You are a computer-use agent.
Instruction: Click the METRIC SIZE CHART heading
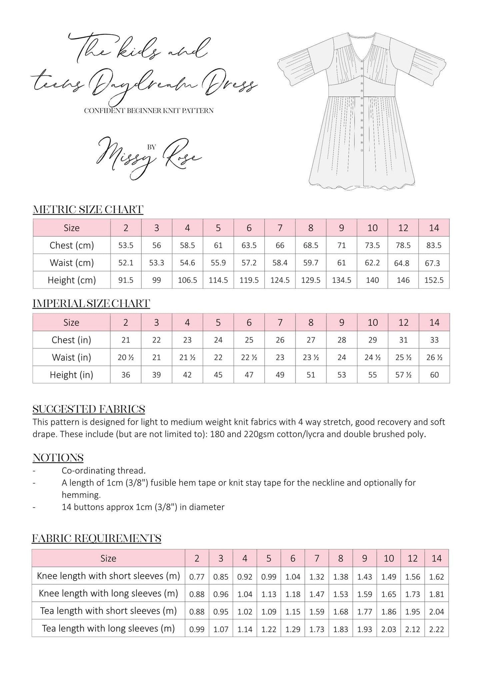click(x=88, y=210)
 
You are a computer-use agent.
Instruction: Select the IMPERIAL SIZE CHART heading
click(x=91, y=304)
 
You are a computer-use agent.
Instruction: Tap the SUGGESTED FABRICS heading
click(x=89, y=409)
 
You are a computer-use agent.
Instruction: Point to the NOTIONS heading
click(x=58, y=458)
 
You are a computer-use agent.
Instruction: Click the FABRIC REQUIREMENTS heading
click(x=97, y=538)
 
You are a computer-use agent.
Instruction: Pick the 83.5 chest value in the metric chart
click(x=434, y=245)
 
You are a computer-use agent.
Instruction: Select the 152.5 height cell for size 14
click(x=434, y=280)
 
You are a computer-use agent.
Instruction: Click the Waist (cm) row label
click(x=72, y=263)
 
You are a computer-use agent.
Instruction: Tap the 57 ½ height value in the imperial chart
click(x=403, y=375)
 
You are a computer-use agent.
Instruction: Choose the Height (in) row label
click(x=71, y=375)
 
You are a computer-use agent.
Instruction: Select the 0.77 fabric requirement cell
click(x=197, y=577)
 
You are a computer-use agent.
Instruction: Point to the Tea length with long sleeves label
click(x=108, y=629)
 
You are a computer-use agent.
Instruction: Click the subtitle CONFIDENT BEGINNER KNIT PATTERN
click(x=148, y=111)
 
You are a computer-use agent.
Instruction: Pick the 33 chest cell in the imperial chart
click(x=434, y=340)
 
